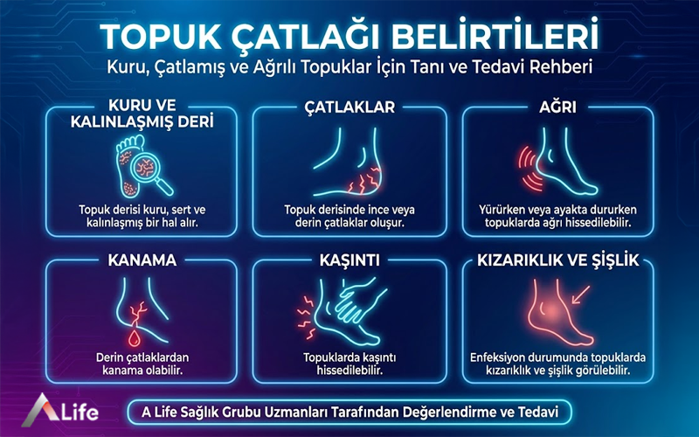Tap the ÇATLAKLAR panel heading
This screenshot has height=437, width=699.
pyautogui.click(x=349, y=108)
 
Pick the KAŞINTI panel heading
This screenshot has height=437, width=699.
pyautogui.click(x=349, y=260)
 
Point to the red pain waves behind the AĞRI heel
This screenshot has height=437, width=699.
pyautogui.click(x=526, y=165)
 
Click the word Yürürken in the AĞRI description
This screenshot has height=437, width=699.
pyautogui.click(x=502, y=210)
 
